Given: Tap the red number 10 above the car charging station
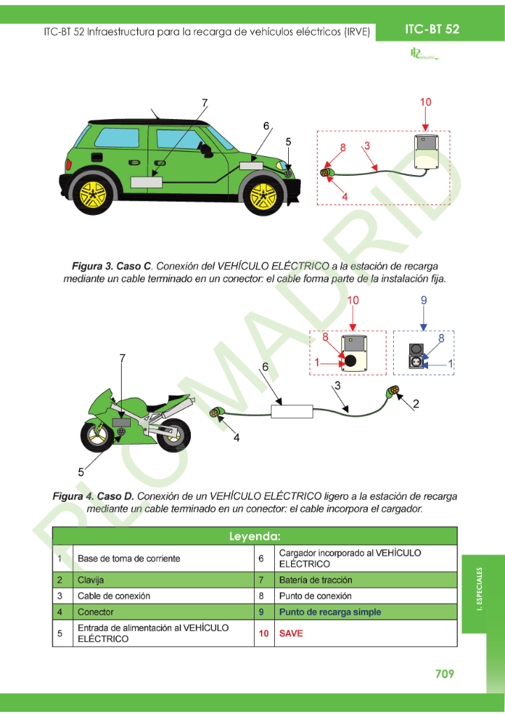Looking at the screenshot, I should [x=425, y=102].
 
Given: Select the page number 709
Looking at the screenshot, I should [x=444, y=674].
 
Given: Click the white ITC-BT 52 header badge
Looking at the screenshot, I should [x=432, y=29].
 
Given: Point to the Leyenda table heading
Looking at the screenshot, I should [x=255, y=536].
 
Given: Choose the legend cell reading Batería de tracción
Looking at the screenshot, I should [x=315, y=580].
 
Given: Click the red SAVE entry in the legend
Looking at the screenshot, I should [x=291, y=633].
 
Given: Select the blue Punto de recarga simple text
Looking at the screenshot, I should [x=330, y=612].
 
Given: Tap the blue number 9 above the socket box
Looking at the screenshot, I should [x=423, y=300].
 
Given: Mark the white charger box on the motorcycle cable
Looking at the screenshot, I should [x=292, y=411].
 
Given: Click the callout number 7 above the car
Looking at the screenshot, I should [x=205, y=103].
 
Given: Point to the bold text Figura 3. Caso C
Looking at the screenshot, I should [x=112, y=266].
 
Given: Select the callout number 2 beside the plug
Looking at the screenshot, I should [x=416, y=404].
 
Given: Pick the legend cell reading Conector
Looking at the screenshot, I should [x=95, y=612].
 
